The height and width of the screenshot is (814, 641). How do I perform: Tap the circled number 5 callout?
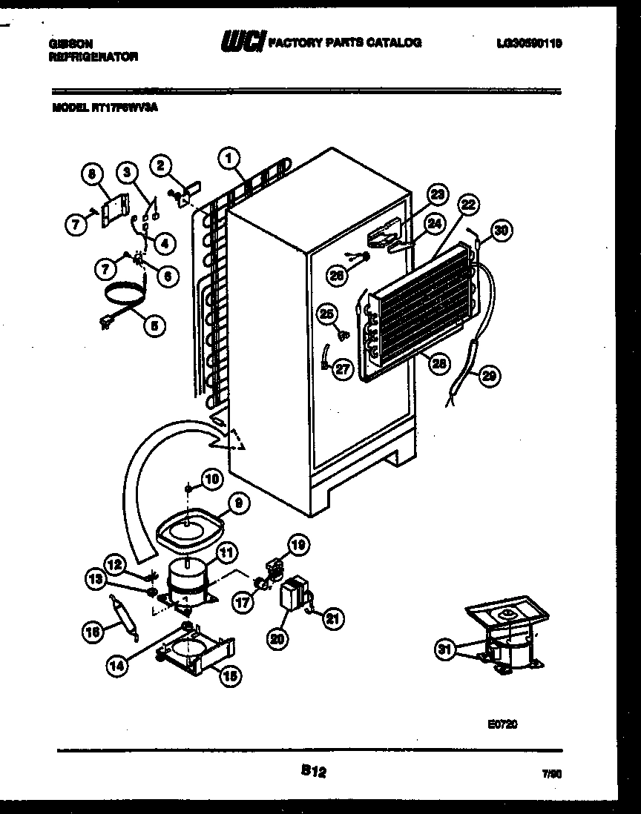[x=154, y=323]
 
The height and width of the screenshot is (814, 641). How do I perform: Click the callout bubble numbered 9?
[x=238, y=503]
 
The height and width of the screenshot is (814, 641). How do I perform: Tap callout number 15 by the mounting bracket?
[x=229, y=674]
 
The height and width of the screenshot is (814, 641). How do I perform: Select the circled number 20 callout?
[x=275, y=641]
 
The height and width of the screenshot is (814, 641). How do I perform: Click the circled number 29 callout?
[x=488, y=376]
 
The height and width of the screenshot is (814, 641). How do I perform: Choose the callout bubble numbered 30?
[x=502, y=231]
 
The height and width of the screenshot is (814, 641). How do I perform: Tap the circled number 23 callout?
[x=438, y=195]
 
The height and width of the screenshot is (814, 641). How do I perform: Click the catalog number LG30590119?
[x=528, y=44]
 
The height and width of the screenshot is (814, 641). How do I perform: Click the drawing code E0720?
[x=502, y=725]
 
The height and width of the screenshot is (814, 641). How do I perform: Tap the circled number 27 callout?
[x=342, y=370]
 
